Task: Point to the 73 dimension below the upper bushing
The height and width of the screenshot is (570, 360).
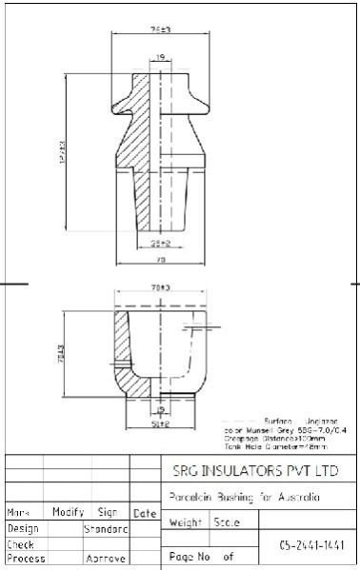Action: click(x=161, y=259)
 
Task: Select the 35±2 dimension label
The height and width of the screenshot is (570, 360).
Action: click(x=160, y=244)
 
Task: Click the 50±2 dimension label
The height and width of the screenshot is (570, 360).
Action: click(x=160, y=424)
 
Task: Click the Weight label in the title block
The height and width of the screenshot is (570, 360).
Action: click(x=185, y=522)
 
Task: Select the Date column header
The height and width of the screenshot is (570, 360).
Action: click(x=145, y=513)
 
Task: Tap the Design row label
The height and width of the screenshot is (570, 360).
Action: click(x=23, y=527)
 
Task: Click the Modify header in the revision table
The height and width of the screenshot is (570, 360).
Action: click(x=69, y=512)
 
